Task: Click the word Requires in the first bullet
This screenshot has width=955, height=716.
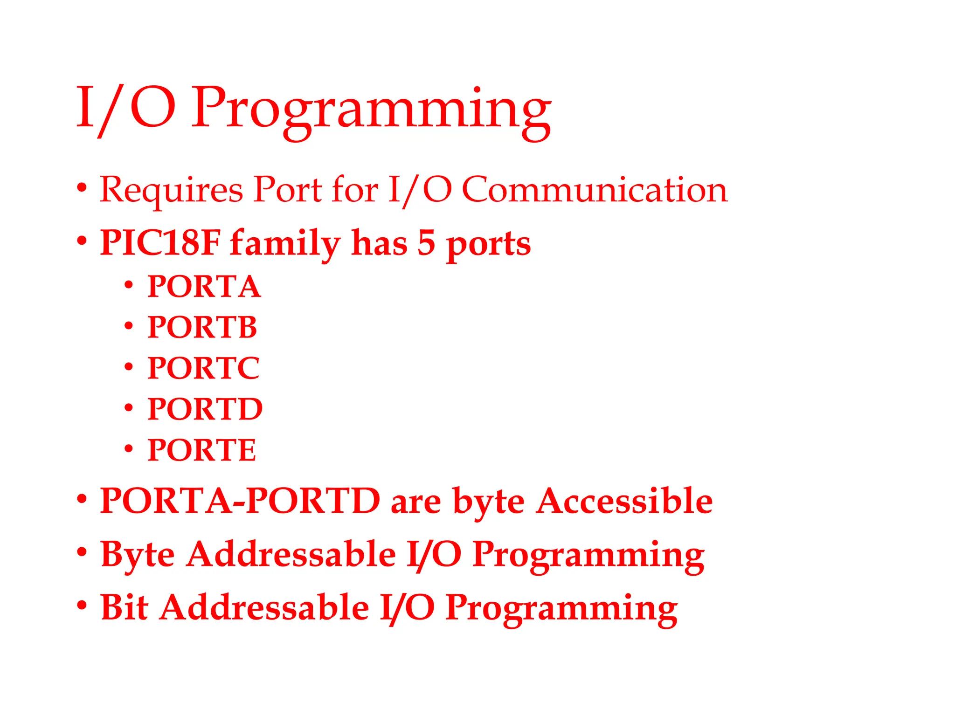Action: click(171, 190)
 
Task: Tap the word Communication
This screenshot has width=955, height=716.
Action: click(595, 190)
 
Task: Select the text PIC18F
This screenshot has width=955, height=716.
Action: click(160, 243)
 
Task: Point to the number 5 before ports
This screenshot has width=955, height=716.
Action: click(426, 243)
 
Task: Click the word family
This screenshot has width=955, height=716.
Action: click(285, 244)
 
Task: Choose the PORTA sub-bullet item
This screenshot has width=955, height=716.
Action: click(204, 286)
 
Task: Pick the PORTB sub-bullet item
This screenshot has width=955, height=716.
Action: click(202, 327)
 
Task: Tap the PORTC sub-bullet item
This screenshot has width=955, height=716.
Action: click(203, 368)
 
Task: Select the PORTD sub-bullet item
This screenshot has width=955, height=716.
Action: click(205, 409)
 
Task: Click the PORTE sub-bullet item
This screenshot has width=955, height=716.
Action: click(201, 450)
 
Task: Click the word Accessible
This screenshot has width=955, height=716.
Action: click(624, 501)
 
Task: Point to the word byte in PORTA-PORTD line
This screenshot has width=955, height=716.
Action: click(488, 503)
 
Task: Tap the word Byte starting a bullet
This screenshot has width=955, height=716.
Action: click(138, 555)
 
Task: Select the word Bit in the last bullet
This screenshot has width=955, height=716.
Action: click(124, 607)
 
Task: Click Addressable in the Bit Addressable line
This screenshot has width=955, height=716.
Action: click(264, 607)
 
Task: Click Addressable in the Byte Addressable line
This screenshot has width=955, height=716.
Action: click(291, 554)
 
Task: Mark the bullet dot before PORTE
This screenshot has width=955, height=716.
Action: click(129, 449)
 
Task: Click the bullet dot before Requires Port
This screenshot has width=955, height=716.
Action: click(82, 187)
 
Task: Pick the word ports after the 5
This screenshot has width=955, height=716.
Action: click(488, 245)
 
